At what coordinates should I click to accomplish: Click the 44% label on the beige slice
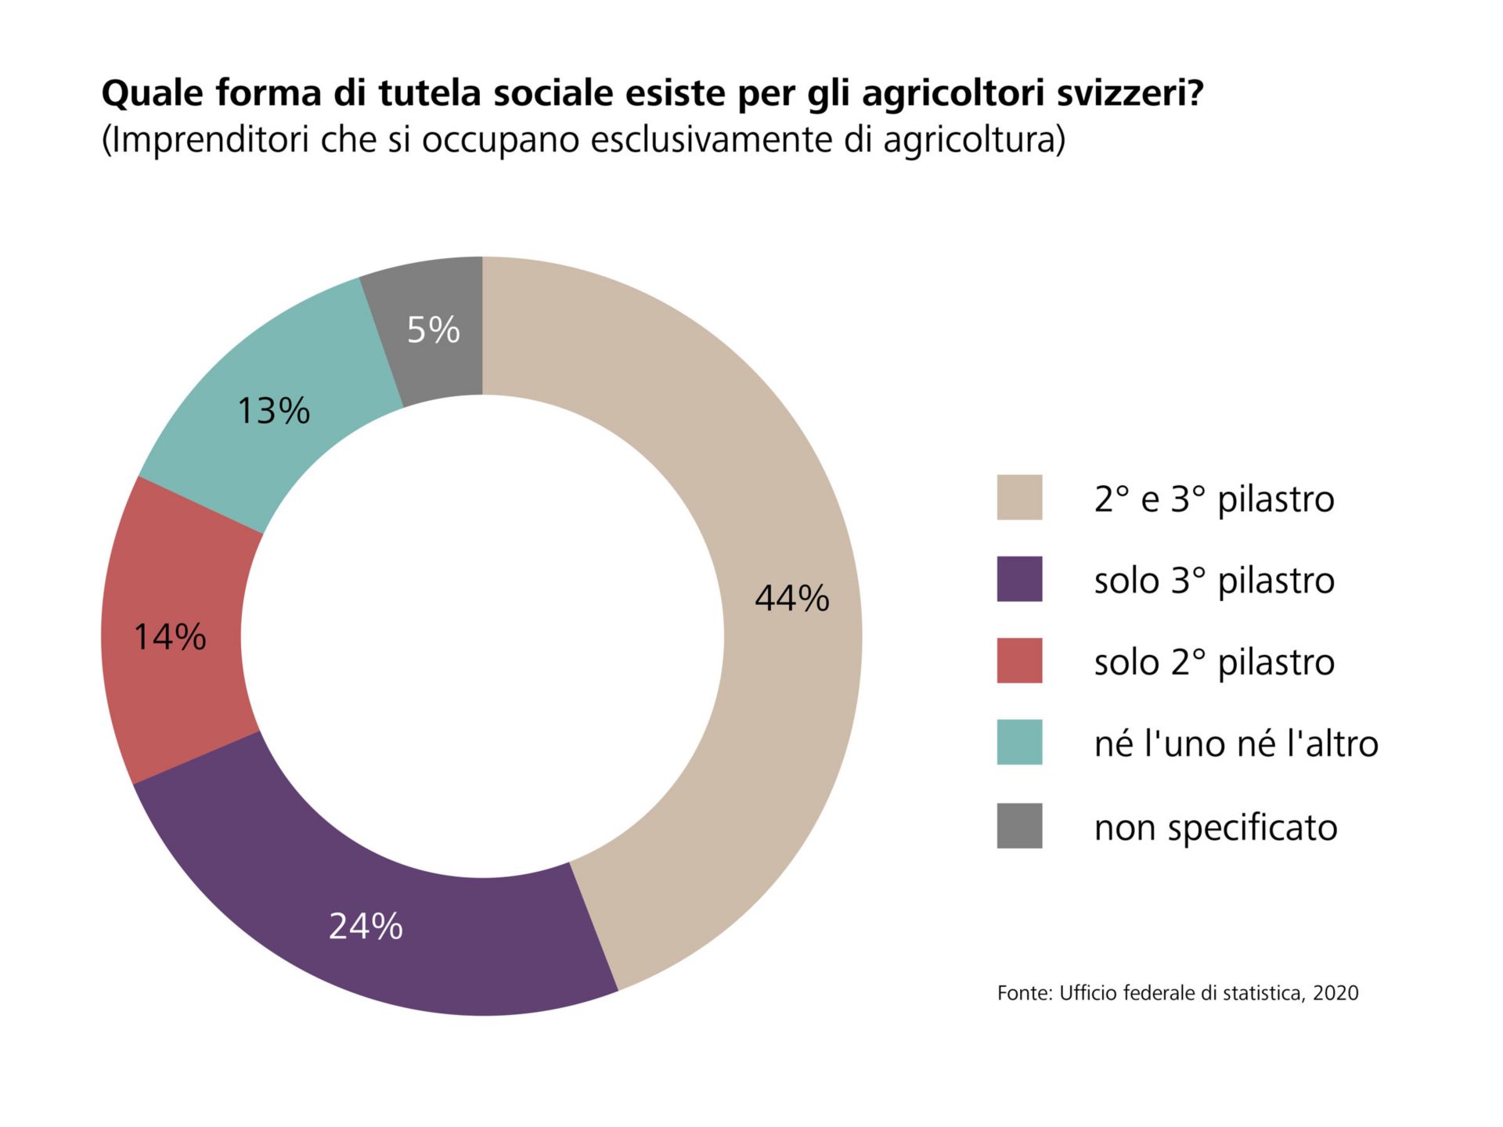(791, 599)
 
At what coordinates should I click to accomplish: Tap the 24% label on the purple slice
(366, 927)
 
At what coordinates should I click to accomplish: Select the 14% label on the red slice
(170, 637)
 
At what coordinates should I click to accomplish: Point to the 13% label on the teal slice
(273, 411)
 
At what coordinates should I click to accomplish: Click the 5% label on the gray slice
(433, 329)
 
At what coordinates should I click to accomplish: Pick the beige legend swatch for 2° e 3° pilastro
(1019, 497)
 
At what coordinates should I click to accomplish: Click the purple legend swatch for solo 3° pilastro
(1019, 579)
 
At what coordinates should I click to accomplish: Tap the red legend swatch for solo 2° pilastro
(1019, 661)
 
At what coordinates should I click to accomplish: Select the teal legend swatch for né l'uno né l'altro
(1019, 742)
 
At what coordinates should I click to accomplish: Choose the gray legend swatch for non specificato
(1019, 826)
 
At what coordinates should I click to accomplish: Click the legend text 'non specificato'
(1215, 828)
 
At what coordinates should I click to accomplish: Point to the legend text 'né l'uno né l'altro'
(1235, 744)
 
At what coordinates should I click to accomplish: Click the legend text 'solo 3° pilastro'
(1213, 581)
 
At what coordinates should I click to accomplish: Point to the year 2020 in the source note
(1335, 993)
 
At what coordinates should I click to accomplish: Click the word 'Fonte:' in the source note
(1025, 993)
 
